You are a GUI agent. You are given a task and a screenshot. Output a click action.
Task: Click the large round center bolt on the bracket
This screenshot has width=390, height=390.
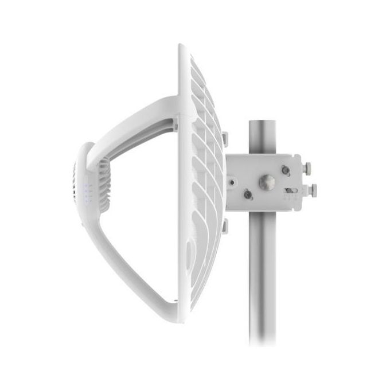pyautogui.click(x=267, y=182)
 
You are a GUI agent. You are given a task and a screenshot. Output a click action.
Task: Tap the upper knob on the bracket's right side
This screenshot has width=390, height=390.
pyautogui.click(x=307, y=168)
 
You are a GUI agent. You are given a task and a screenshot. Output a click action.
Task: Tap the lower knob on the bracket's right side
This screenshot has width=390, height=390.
pyautogui.click(x=313, y=189)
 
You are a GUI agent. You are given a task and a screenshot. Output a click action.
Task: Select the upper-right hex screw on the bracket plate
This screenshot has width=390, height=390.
pyautogui.click(x=286, y=170)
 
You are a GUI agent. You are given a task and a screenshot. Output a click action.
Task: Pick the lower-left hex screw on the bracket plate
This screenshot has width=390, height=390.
pyautogui.click(x=248, y=195)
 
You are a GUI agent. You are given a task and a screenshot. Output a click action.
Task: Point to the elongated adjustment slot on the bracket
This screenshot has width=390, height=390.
pyautogui.click(x=291, y=190)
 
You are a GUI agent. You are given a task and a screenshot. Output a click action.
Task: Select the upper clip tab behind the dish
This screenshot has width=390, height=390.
pyautogui.click(x=225, y=139)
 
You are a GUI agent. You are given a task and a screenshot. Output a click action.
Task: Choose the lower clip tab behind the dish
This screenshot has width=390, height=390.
pyautogui.click(x=224, y=226)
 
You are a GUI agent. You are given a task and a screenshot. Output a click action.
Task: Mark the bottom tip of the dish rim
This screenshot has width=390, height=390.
pyautogui.click(x=182, y=319)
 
